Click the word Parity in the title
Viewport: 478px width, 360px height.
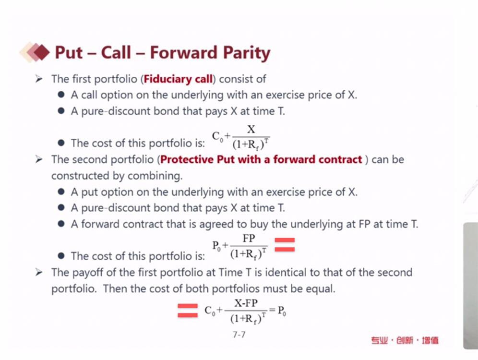(x=247, y=53)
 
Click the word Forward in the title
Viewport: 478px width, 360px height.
(x=183, y=52)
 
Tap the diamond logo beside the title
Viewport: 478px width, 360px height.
(x=35, y=52)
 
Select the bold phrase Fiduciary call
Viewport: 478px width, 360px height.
(x=178, y=79)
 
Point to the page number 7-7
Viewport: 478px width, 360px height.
(x=239, y=335)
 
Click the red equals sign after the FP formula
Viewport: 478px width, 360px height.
(x=285, y=245)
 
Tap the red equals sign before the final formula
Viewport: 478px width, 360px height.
(x=188, y=310)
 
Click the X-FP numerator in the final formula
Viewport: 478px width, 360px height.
(x=246, y=303)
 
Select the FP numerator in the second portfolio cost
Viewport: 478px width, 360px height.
(x=249, y=238)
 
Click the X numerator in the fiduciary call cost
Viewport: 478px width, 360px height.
(x=251, y=130)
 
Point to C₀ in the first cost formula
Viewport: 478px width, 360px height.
(x=217, y=136)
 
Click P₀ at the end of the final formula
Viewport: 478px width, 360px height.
(x=282, y=311)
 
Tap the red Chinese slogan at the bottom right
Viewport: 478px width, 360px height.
(x=405, y=340)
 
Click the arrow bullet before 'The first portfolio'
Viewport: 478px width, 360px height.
(x=39, y=79)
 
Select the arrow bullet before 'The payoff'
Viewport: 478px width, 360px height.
(x=39, y=272)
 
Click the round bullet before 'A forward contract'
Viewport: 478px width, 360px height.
(x=61, y=224)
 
